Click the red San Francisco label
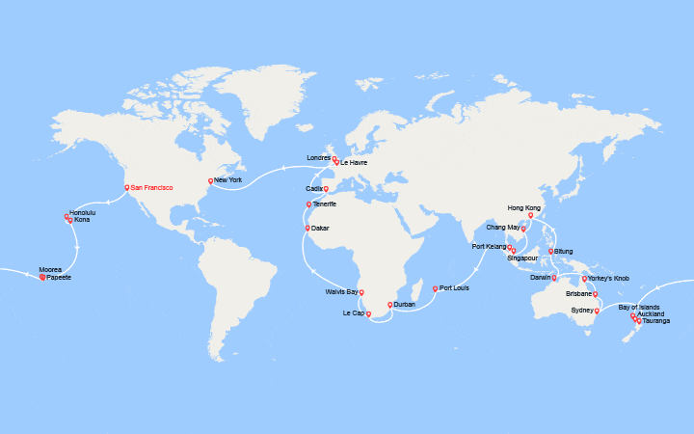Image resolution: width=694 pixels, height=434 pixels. coord(151,187)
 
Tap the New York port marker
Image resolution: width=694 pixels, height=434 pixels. coord(210,180)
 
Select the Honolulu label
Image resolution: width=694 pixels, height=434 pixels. coord(83,212)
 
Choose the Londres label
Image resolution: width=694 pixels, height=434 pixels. coord(318,157)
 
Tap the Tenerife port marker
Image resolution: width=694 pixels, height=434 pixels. coord(308,204)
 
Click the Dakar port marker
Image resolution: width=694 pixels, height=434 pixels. coord(307,228)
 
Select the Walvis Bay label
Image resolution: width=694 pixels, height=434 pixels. coord(343,291)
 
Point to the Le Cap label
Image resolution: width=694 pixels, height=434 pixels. coord(353,313)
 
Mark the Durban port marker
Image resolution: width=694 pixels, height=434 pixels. coord(389,305)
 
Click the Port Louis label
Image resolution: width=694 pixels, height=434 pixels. coord(454,288)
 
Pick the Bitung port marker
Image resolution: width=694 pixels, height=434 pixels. coord(550,251)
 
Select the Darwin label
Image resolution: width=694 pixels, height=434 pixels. coord(541,277)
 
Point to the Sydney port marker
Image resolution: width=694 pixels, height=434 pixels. coord(597,311)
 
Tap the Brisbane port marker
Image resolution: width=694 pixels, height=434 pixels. coord(595,294)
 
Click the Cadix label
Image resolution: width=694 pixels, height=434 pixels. coord(314,189)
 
